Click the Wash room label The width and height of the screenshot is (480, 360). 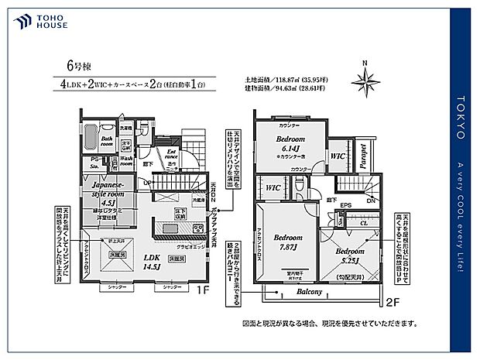[x=126, y=159]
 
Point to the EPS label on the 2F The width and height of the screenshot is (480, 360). [x=347, y=206]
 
